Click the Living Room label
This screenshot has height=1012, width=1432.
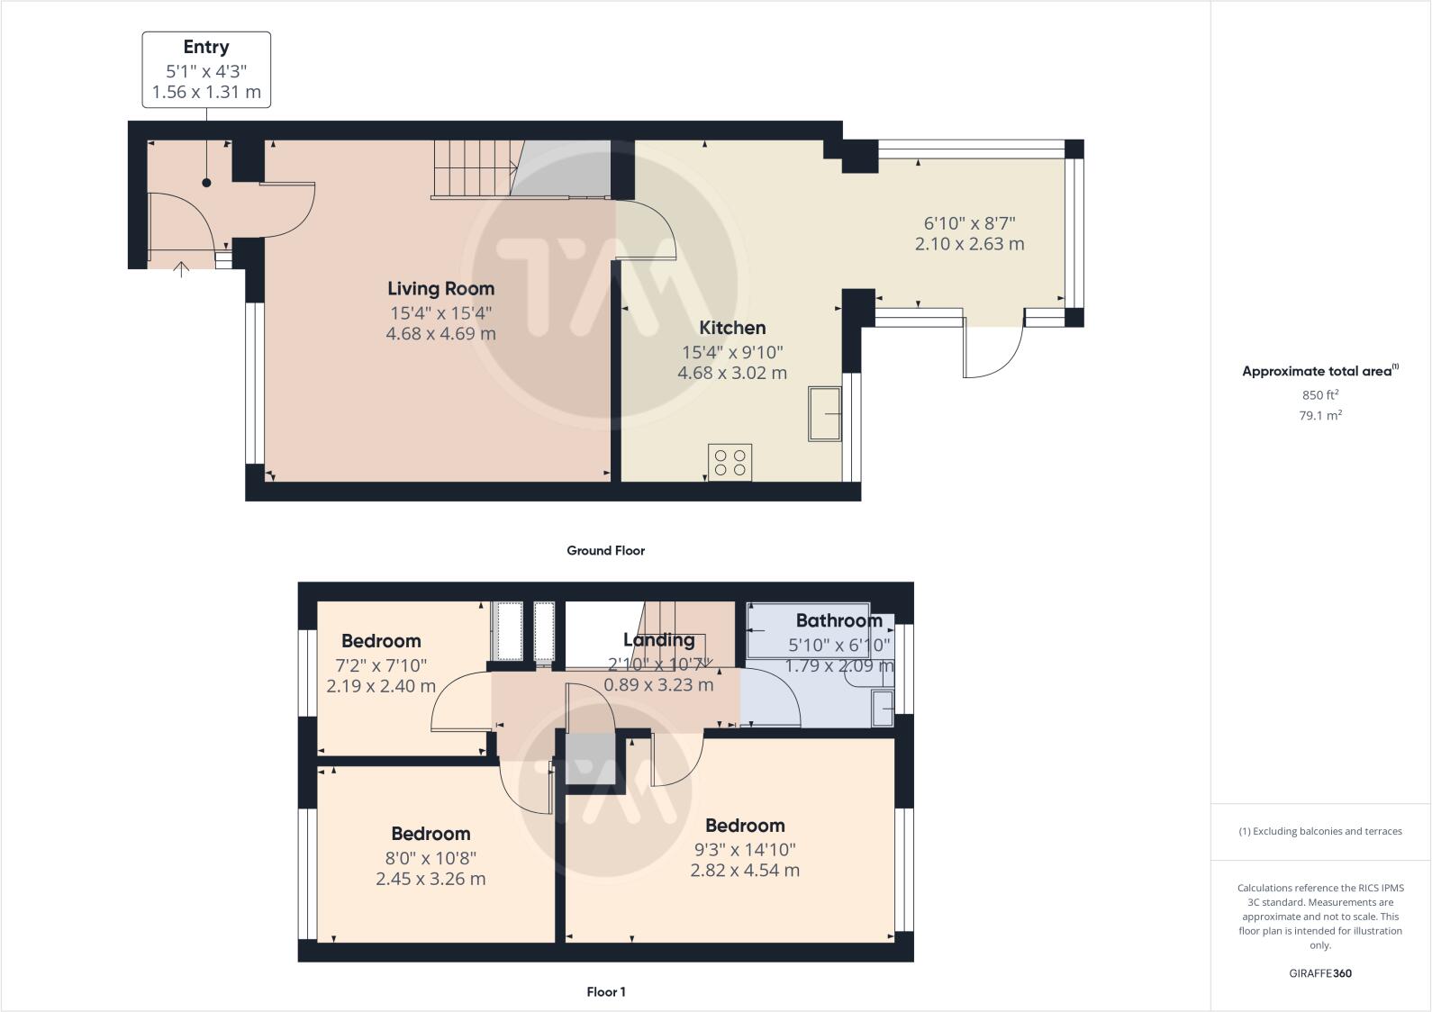pos(440,289)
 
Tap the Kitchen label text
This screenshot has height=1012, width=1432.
pos(732,329)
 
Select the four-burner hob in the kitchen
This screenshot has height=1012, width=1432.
pos(730,463)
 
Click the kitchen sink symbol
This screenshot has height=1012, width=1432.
pos(824,413)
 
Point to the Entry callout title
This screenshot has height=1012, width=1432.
pos(206,48)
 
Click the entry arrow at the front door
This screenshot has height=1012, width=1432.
pos(181,268)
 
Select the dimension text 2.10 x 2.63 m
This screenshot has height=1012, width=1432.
pos(969,244)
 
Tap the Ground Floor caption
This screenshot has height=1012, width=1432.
pos(605,550)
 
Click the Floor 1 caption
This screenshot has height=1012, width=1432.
pos(605,992)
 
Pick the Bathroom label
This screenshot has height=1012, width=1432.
pos(838,620)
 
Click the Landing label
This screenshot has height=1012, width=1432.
pos(658,640)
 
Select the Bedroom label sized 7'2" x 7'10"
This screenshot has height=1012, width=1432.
pos(381,641)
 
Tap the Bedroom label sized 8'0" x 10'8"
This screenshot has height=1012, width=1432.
pos(431,834)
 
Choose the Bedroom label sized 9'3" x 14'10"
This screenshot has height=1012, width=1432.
pos(745,826)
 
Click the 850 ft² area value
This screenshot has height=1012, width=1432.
pos(1320,394)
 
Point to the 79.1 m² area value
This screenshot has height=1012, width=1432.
pos(1320,415)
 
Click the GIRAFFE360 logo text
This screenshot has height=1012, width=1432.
pos(1320,973)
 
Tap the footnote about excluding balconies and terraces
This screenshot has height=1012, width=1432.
pos(1320,831)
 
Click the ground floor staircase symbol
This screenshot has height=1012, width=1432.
pos(475,168)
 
